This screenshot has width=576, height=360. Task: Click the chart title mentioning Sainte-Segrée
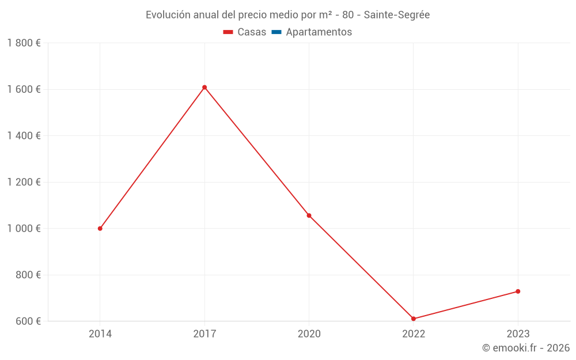click(x=287, y=14)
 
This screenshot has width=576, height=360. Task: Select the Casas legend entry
click(x=245, y=32)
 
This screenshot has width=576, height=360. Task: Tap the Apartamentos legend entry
click(x=312, y=32)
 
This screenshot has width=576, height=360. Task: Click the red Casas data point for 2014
click(x=100, y=229)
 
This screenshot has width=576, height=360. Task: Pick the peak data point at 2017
click(x=204, y=88)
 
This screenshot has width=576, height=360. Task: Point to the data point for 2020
click(x=309, y=215)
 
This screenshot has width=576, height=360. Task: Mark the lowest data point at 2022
click(x=414, y=319)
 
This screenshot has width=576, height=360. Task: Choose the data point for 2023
click(x=518, y=291)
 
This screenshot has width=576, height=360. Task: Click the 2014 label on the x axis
click(x=100, y=334)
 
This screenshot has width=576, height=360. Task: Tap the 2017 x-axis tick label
click(x=204, y=334)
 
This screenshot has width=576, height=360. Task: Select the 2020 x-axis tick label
click(x=309, y=334)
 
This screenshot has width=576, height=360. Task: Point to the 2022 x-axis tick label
click(x=414, y=334)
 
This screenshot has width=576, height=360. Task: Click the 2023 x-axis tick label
click(x=518, y=334)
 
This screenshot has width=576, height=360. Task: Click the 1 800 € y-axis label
click(x=24, y=43)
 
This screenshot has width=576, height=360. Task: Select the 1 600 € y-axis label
click(x=24, y=89)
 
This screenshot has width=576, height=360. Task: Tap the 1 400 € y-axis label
click(x=24, y=136)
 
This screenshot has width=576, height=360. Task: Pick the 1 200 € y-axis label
click(x=24, y=182)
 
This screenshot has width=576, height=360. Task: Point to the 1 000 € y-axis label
click(x=24, y=229)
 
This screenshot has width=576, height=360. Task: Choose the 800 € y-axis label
click(x=27, y=275)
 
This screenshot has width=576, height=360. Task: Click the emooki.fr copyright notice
click(x=525, y=348)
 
